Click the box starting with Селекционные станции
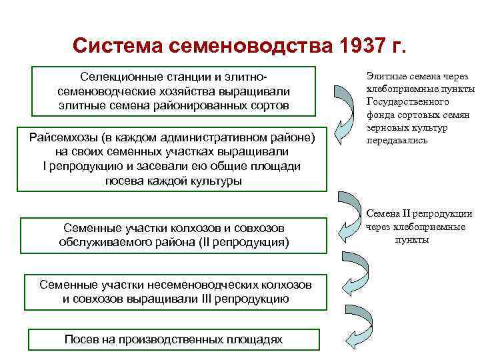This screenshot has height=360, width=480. click(173, 90)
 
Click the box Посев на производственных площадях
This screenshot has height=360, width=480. click(173, 339)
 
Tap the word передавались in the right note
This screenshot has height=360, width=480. click(397, 141)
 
